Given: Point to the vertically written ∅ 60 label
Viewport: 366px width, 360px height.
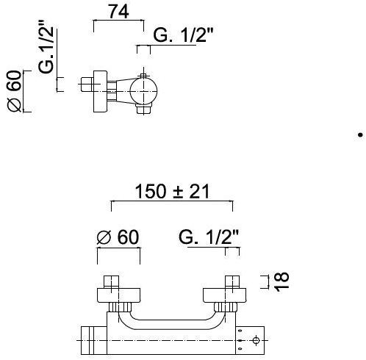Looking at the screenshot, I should (x=15, y=92).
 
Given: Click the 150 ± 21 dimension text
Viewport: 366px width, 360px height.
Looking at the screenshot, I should (x=172, y=192).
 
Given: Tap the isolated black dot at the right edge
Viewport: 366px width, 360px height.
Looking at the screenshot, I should (x=360, y=135).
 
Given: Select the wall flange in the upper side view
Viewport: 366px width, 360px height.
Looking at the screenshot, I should (x=98, y=92).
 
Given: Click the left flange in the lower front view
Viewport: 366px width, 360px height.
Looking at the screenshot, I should (x=119, y=295).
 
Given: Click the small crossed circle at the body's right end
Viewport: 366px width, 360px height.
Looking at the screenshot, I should (x=255, y=340).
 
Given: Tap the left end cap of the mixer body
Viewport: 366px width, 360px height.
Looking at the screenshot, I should (x=93, y=340).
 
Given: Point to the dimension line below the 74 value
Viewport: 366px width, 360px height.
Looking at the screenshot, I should (x=118, y=22).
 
